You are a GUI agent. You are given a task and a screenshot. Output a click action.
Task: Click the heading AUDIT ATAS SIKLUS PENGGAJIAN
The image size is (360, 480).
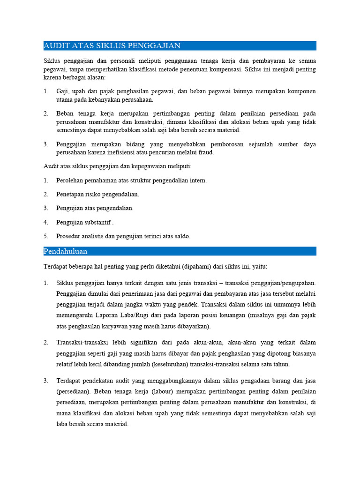pos(112,45)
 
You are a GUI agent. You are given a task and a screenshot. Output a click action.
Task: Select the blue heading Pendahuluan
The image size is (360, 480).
pos(65,251)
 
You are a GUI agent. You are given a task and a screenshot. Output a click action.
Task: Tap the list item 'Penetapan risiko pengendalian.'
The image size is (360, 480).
pos(97,194)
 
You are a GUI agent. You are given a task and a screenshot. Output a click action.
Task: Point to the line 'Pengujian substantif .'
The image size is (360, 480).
pos(85,222)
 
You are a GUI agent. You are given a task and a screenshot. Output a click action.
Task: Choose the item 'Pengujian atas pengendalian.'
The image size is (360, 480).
pos(95,208)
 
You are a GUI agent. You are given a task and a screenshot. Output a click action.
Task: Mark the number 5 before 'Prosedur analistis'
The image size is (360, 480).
pos(46,236)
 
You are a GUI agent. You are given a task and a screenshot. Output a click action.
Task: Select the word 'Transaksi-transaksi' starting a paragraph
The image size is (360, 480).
pos(82,343)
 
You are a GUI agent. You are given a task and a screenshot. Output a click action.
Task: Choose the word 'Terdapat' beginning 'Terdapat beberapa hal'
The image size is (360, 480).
pos(55,266)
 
